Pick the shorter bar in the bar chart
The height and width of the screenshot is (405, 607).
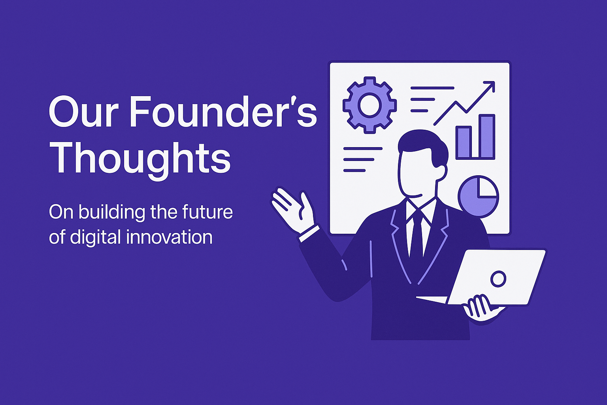point(464,142)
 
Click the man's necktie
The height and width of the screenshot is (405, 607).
point(416,233)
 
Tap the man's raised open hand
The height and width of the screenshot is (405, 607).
point(292,208)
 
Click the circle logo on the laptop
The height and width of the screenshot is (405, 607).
point(498,279)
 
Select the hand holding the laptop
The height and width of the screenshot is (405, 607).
point(480,307)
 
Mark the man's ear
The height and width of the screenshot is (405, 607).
point(441,172)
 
